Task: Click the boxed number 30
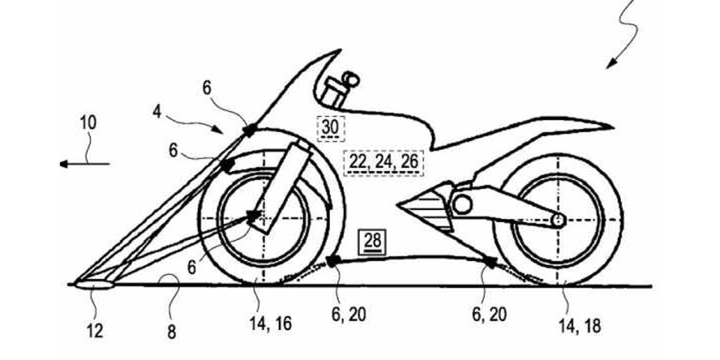click(x=331, y=127)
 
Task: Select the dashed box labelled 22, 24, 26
click(x=383, y=162)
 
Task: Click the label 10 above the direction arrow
click(x=88, y=122)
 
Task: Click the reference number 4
click(x=157, y=111)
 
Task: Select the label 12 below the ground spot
click(x=95, y=331)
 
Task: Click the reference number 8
click(x=171, y=332)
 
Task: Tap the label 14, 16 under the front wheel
click(x=270, y=324)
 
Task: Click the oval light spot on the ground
click(x=94, y=285)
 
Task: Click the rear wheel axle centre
click(x=558, y=220)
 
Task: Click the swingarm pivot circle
click(x=461, y=205)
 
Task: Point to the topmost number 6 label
click(x=207, y=88)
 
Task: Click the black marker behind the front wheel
click(x=333, y=261)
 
